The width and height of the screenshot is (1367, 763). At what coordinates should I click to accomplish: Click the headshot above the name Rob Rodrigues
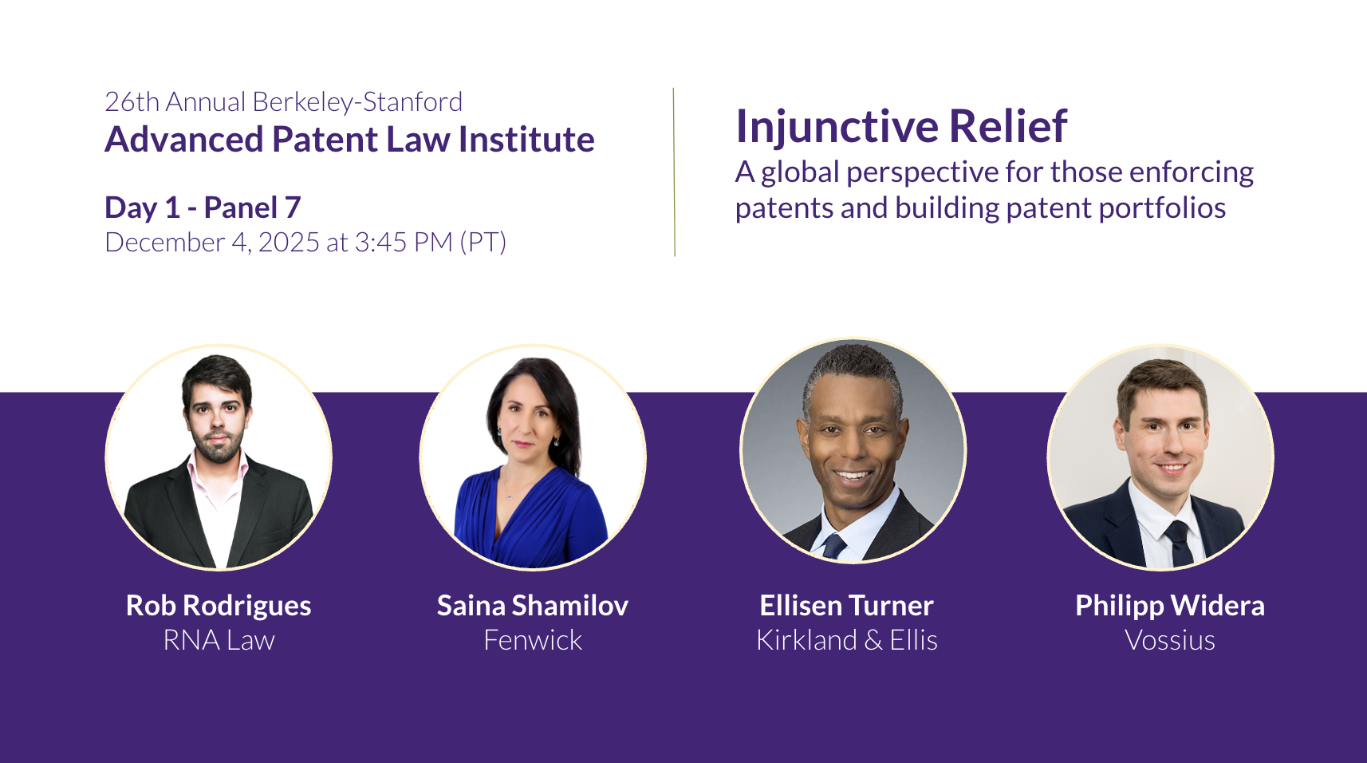pyautogui.click(x=219, y=457)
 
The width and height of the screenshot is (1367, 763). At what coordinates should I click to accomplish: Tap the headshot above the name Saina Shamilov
pyautogui.click(x=533, y=457)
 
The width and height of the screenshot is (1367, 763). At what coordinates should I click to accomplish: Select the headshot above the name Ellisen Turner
pyautogui.click(x=853, y=450)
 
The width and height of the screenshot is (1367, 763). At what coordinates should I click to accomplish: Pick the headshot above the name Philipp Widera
pyautogui.click(x=1160, y=457)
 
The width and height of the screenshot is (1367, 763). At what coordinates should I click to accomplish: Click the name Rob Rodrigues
pyautogui.click(x=219, y=606)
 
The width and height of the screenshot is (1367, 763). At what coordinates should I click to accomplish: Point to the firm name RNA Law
pyautogui.click(x=219, y=640)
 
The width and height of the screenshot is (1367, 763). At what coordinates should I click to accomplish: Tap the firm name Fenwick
pyautogui.click(x=533, y=640)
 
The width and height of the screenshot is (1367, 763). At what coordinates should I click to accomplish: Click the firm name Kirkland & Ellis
pyautogui.click(x=847, y=640)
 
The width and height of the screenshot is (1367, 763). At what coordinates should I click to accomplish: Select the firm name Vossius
pyautogui.click(x=1170, y=640)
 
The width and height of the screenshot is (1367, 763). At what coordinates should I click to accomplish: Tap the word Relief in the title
pyautogui.click(x=1008, y=126)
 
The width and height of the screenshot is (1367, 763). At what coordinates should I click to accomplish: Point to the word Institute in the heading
pyautogui.click(x=526, y=140)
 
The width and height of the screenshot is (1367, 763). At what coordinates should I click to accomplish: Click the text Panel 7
pyautogui.click(x=252, y=208)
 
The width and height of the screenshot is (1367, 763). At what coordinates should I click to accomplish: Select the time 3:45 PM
pyautogui.click(x=404, y=243)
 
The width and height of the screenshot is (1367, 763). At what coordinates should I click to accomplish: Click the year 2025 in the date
pyautogui.click(x=289, y=243)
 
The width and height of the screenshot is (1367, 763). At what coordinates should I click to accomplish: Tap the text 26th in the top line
pyautogui.click(x=132, y=102)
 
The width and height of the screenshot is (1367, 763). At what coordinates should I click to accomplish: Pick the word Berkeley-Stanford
pyautogui.click(x=357, y=102)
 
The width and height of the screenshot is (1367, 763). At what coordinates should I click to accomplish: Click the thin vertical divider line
pyautogui.click(x=675, y=172)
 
